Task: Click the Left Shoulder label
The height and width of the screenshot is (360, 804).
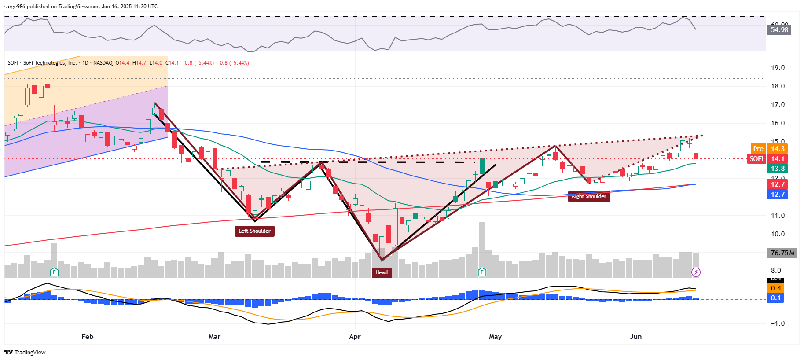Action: (254, 231)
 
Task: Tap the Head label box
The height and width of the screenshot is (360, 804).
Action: (382, 272)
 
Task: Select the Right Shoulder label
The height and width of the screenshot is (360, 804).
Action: (589, 197)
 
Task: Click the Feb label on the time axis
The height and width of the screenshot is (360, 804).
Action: (88, 337)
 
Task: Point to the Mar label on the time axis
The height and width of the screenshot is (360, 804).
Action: (214, 337)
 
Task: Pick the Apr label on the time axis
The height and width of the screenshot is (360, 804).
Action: (355, 337)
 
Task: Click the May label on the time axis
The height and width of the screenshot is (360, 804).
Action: (495, 337)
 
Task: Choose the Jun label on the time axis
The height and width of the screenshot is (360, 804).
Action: (635, 337)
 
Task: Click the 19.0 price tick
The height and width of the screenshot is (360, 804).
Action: (778, 68)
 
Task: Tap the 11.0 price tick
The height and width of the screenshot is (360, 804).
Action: (778, 216)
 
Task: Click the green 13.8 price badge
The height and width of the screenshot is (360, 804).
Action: (778, 169)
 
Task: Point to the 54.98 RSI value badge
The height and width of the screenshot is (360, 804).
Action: (779, 30)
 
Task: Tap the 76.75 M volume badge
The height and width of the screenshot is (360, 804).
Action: (782, 253)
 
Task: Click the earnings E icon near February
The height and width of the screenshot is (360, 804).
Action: (54, 272)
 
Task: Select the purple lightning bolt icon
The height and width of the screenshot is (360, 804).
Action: (696, 272)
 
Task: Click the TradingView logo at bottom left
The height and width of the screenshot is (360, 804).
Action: (25, 352)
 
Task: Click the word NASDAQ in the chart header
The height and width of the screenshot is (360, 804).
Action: (103, 63)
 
